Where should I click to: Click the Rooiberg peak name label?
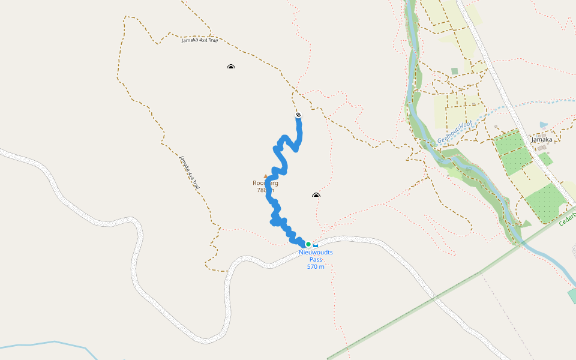[265, 183]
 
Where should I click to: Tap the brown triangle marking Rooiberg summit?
[266, 176]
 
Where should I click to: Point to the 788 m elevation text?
[265, 190]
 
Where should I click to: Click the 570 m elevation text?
[316, 266]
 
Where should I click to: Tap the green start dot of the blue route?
[308, 244]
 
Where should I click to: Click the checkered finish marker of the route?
[298, 115]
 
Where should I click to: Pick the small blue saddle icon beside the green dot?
[316, 245]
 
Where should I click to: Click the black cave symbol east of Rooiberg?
[316, 195]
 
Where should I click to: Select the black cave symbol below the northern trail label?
[231, 67]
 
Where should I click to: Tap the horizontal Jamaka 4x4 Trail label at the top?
[200, 40]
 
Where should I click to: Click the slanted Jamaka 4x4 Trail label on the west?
[189, 172]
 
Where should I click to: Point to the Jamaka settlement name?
[542, 139]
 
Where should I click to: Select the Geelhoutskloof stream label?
[455, 133]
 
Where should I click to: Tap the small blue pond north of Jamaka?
[544, 125]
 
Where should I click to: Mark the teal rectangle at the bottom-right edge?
[571, 296]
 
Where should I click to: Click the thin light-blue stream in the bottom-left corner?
[48, 343]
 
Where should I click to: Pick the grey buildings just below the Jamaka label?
[542, 147]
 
